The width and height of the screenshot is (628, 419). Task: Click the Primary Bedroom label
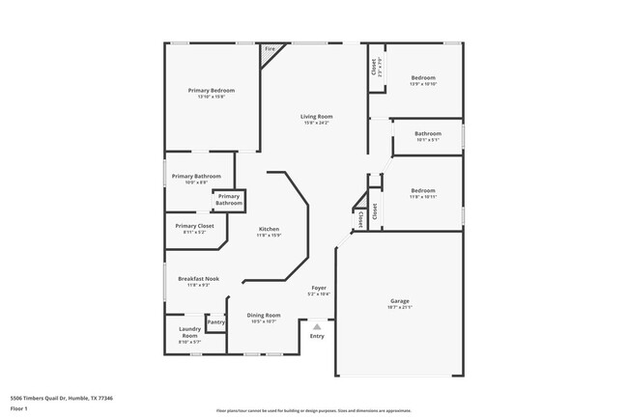coord(211,90)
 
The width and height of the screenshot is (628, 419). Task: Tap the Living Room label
coord(316,116)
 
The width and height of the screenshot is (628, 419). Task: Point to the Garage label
coord(399,301)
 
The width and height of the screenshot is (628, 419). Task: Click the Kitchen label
coord(269,229)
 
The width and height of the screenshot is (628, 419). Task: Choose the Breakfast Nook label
coord(198,279)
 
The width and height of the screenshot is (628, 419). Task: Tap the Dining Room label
coord(264,315)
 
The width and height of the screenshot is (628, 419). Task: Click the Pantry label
coord(215,321)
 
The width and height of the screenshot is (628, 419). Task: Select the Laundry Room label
coord(189,332)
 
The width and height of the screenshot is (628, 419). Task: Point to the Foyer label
coord(318,288)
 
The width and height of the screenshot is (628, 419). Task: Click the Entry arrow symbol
coord(316,327)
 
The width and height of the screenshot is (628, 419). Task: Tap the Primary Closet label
coord(194,226)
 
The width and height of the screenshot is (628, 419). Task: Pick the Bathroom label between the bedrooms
coord(428,133)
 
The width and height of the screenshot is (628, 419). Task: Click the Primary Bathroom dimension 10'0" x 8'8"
coord(196,182)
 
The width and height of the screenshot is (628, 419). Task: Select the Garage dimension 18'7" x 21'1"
coord(399,308)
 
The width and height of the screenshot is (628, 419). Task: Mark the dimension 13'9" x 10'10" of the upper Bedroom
coord(423,84)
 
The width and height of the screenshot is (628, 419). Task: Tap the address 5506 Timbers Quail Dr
coord(62,398)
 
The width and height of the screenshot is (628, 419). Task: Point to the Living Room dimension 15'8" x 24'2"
coord(316,123)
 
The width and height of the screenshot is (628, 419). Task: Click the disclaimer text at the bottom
coord(314,411)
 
